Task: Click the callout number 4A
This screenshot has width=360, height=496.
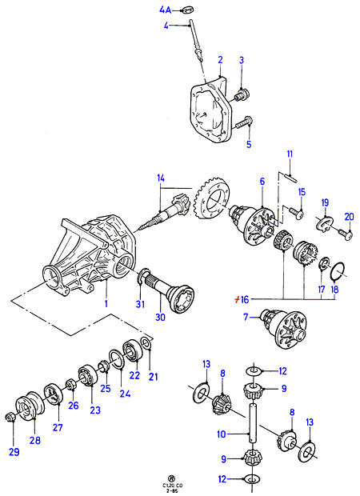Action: (x=165, y=10)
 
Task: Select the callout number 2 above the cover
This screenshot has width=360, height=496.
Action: (x=220, y=60)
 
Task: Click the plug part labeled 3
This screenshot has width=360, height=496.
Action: (x=243, y=94)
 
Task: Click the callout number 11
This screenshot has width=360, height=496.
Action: (x=290, y=154)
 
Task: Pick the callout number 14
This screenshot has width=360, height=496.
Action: (x=161, y=178)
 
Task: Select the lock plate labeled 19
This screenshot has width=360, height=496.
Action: (x=324, y=222)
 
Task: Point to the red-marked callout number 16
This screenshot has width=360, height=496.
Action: (x=242, y=299)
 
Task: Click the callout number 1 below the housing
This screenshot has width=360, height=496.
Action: (x=106, y=303)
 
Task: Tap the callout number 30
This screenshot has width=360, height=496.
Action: (x=160, y=317)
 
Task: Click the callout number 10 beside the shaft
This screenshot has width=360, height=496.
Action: (x=222, y=434)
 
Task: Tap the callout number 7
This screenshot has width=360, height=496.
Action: (x=246, y=317)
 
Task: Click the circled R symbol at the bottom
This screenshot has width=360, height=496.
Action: (x=171, y=478)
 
